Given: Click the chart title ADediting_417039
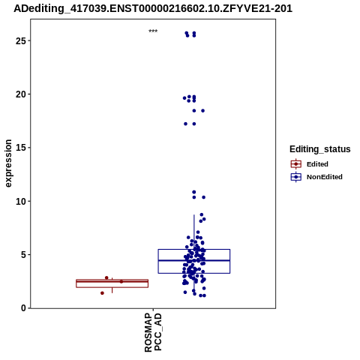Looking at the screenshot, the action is coord(153,9).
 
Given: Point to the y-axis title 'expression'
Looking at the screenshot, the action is coord(8,163).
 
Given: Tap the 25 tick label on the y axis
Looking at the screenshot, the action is coord(21,40).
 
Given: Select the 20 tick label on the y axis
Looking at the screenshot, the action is coord(21,94).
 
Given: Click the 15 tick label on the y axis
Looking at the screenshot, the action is coord(21,148).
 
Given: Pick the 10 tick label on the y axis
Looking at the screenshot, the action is coord(21,201).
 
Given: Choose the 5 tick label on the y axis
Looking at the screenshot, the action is coord(24,255).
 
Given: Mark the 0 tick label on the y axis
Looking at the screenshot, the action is coord(24,308).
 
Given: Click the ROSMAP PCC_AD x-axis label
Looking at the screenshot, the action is coord(153,332).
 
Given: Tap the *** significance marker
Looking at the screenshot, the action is coord(153,31).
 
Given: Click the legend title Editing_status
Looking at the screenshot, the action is coord(320,149).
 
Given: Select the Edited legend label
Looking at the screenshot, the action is coord(317,164).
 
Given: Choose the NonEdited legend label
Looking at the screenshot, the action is coord(325,177).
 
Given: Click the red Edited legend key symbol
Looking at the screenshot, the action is coord(296,164).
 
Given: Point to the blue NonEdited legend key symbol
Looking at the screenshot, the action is coord(296,177).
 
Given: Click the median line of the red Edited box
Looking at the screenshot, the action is coord(112,281).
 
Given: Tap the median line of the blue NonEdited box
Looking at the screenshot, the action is coord(194,260).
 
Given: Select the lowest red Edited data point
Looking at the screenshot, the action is coord(102,293).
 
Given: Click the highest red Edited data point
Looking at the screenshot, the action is coord(106,277).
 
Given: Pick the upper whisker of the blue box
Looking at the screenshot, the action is coord(194,232).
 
